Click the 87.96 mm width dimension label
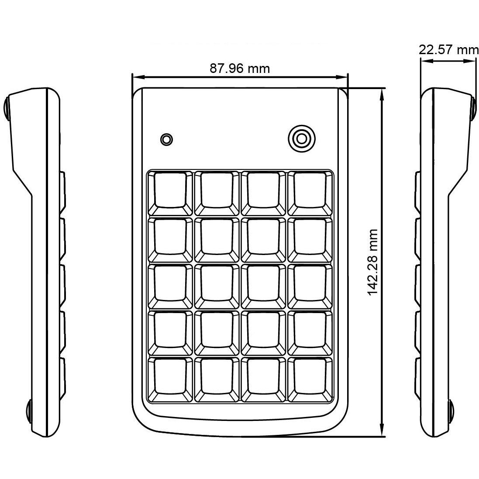240,69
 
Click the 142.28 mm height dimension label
373,262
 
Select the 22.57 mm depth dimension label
448,49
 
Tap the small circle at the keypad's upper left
166,139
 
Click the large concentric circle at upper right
301,138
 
